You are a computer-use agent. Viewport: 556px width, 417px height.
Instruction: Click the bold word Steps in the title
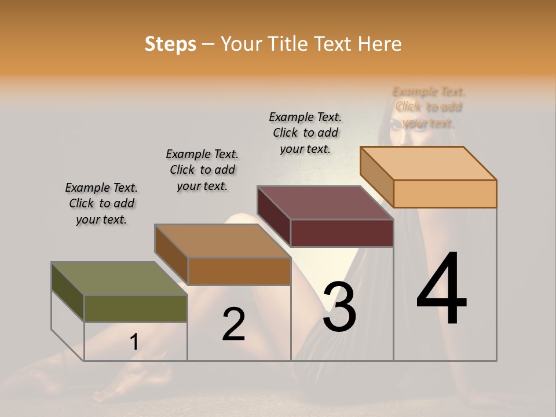(x=170, y=44)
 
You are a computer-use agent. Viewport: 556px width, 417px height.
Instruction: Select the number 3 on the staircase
(x=339, y=306)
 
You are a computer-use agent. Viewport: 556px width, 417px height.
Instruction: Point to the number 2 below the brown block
(x=234, y=324)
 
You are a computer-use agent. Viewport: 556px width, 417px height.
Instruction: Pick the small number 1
(x=134, y=342)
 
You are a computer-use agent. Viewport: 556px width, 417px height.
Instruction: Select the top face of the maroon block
(x=325, y=203)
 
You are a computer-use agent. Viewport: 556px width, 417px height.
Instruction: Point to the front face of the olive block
(x=136, y=308)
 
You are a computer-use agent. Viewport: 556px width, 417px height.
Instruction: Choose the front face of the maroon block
(x=342, y=233)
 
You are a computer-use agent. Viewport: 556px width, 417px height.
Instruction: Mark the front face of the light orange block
(x=445, y=193)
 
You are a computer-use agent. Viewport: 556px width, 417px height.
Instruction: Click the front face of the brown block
(x=239, y=271)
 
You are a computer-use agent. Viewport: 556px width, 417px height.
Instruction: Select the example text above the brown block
(x=202, y=170)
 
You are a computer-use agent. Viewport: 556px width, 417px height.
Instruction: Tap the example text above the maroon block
(x=305, y=133)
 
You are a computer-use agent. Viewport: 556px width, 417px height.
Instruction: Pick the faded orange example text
(x=429, y=107)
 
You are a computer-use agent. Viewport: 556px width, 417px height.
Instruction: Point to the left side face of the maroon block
(x=273, y=215)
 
